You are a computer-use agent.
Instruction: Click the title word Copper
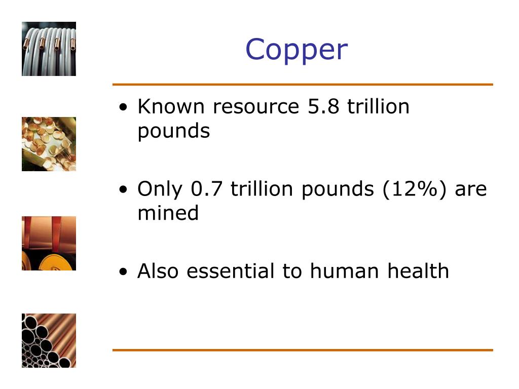coord(296,50)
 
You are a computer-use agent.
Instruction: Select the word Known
coord(170,107)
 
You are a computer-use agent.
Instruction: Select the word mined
coord(168,213)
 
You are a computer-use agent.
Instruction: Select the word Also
coord(159,271)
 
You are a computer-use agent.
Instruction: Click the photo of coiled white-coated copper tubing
coord(49,49)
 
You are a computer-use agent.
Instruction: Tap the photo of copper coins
coord(49,144)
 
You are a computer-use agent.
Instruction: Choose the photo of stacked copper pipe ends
coord(49,340)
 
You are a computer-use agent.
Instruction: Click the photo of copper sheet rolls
coord(49,243)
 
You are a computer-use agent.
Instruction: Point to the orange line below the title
coord(302,85)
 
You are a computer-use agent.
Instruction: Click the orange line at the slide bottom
coord(302,350)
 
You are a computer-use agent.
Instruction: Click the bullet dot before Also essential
coord(124,273)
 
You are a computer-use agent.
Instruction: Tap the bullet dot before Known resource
coord(124,108)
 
